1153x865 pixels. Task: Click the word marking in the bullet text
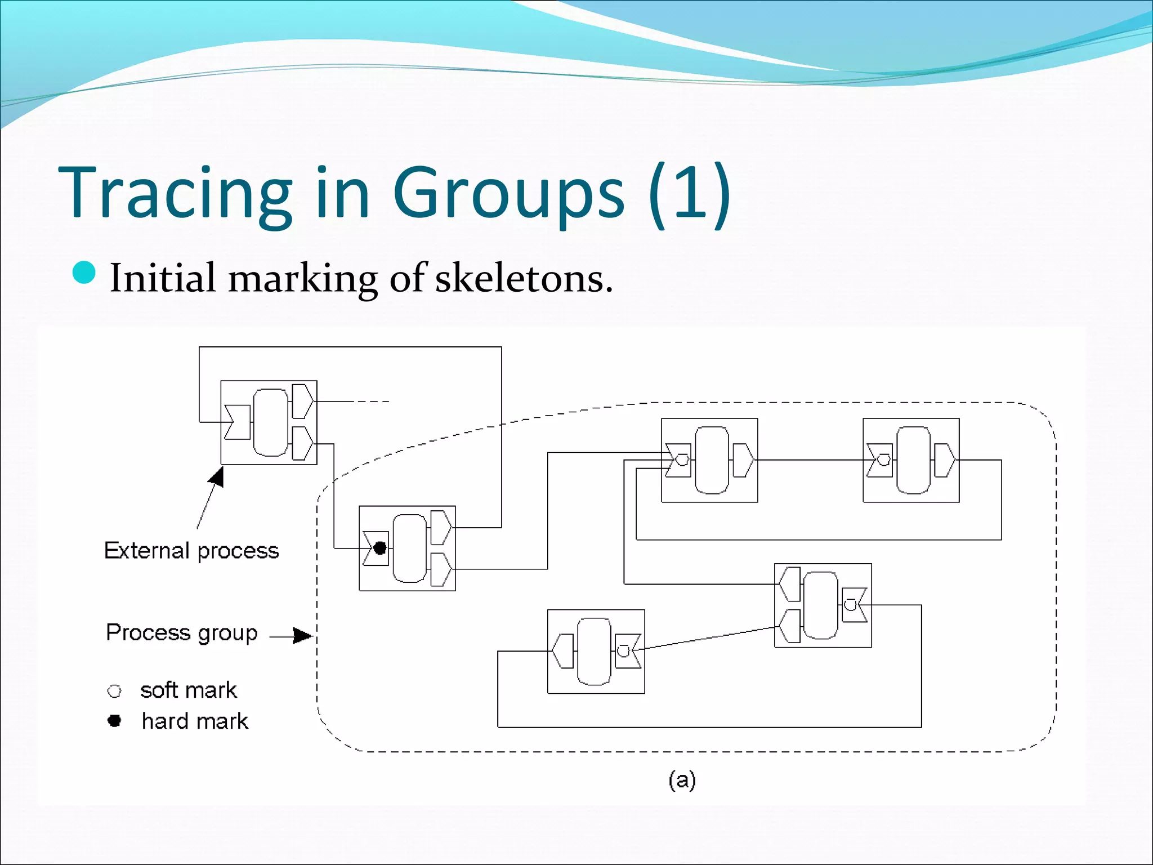(303, 279)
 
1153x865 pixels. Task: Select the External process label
(191, 550)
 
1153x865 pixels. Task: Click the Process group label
(181, 632)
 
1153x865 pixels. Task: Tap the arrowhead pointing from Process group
(302, 636)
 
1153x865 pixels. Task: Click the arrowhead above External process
(217, 478)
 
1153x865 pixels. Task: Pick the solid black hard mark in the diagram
(380, 547)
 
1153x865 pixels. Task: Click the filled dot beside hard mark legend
(114, 721)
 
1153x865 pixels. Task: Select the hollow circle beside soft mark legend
(114, 691)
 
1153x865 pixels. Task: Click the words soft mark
(189, 690)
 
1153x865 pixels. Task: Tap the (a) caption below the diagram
(682, 780)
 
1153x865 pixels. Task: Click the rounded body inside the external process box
(271, 422)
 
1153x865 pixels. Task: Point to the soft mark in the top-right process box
(884, 460)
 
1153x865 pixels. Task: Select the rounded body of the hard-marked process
(409, 548)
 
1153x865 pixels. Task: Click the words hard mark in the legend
(195, 721)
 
